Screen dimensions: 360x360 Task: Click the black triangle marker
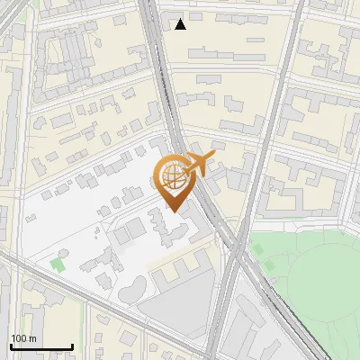(181, 24)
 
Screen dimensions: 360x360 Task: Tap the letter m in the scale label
(33, 338)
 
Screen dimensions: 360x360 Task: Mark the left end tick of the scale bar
(11, 346)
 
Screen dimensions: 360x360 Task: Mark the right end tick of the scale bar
(72, 346)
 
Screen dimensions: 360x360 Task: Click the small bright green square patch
(58, 265)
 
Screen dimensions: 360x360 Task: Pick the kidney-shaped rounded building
(132, 289)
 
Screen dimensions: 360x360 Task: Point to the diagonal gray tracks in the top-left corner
(11, 18)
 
